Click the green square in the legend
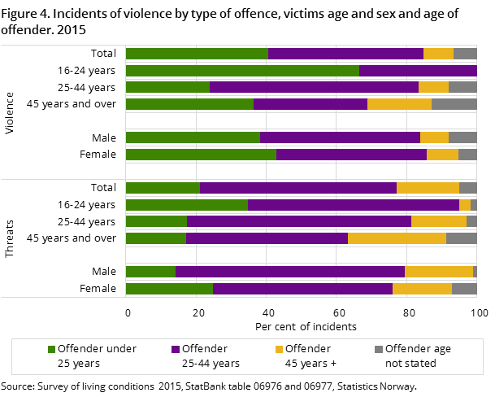pyautogui.click(x=52, y=349)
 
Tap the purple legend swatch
pyautogui.click(x=176, y=349)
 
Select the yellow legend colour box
pyautogui.click(x=279, y=349)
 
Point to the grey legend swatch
pyautogui.click(x=379, y=349)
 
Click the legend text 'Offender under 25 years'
pyautogui.click(x=97, y=356)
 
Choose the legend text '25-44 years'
pyautogui.click(x=211, y=364)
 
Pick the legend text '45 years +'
pyautogui.click(x=311, y=364)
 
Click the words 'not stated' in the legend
pyautogui.click(x=410, y=364)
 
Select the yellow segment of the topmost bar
pyautogui.click(x=438, y=54)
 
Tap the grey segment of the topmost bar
pyautogui.click(x=465, y=54)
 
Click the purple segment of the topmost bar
pyautogui.click(x=345, y=54)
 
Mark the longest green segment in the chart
pyautogui.click(x=242, y=71)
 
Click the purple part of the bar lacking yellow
pyautogui.click(x=418, y=71)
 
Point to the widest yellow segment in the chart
pyautogui.click(x=397, y=238)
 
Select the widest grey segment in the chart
pyautogui.click(x=454, y=104)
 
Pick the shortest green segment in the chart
pyautogui.click(x=150, y=272)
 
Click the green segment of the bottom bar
pyautogui.click(x=169, y=288)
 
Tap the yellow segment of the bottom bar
pyautogui.click(x=422, y=288)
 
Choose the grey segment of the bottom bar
pyautogui.click(x=464, y=288)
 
